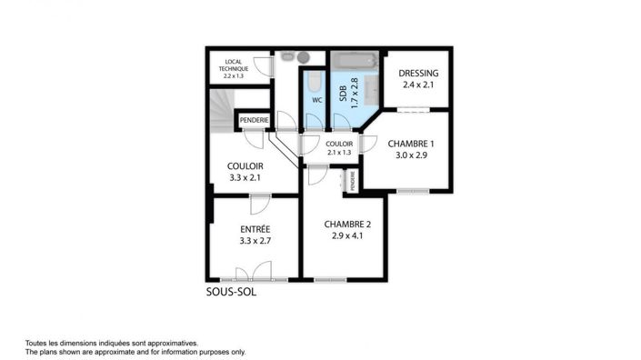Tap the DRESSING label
[420, 74]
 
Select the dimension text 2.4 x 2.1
[420, 85]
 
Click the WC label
[316, 99]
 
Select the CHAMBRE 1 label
[411, 144]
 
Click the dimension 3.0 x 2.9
[411, 155]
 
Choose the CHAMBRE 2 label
[347, 225]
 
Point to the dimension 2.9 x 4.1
[347, 237]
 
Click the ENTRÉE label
[255, 228]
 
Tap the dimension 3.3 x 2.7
[255, 241]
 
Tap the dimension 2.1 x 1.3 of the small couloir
[339, 153]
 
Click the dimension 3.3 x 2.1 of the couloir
[245, 178]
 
